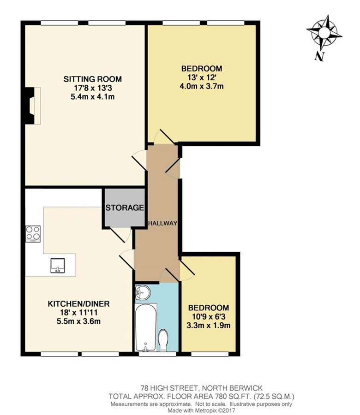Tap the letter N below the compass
(320, 56)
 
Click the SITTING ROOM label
(93, 79)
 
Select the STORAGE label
(125, 208)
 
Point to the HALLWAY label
(162, 223)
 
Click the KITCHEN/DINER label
(78, 303)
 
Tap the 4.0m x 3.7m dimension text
(202, 86)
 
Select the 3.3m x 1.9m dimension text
(209, 325)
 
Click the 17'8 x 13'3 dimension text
(93, 88)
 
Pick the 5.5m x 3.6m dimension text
(78, 321)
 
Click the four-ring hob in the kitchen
(33, 234)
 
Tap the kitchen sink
(58, 265)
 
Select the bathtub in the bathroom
(145, 327)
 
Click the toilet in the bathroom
(163, 340)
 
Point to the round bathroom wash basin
(142, 292)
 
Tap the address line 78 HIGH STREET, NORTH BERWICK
(202, 388)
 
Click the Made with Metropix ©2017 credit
(201, 411)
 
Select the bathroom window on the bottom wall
(157, 354)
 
